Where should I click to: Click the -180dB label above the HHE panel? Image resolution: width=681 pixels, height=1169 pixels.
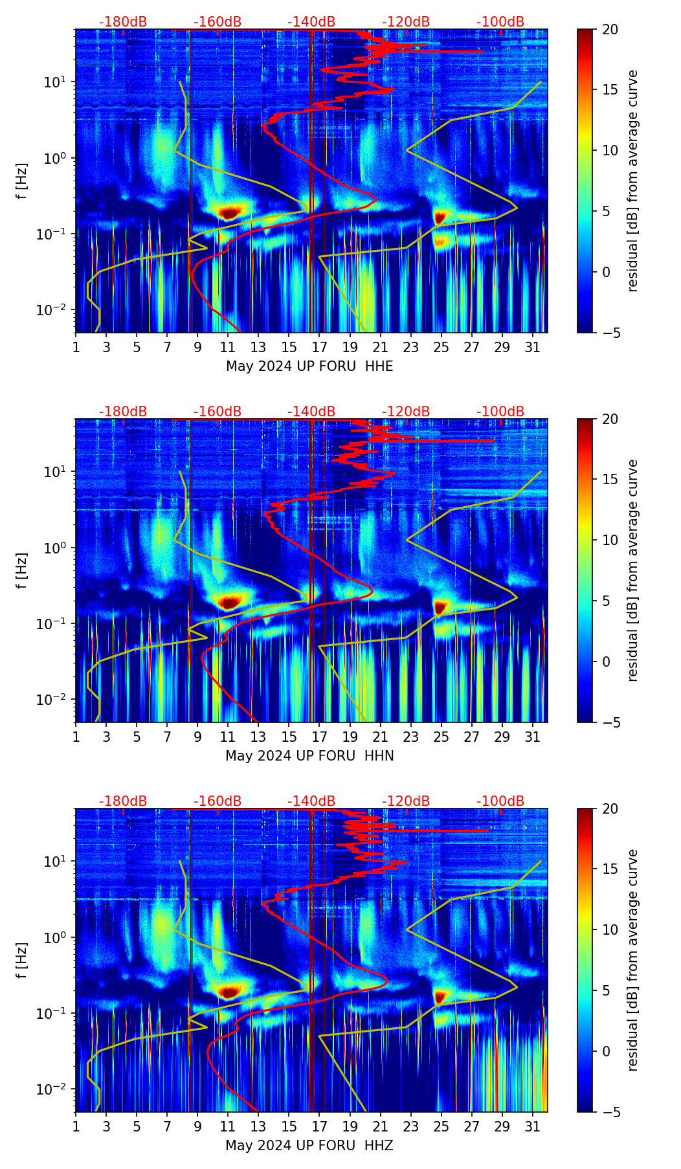coord(123,22)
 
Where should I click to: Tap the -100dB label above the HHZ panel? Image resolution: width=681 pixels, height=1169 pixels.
coord(500,801)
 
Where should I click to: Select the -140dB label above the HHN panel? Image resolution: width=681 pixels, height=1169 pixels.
coord(311,412)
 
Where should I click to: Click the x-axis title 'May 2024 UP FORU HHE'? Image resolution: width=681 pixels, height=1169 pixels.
coord(309,366)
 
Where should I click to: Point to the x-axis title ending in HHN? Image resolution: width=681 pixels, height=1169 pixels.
coord(309,756)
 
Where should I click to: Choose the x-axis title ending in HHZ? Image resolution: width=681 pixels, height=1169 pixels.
coord(309,1146)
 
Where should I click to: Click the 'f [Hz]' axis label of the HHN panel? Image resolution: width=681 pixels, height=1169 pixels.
coord(23,570)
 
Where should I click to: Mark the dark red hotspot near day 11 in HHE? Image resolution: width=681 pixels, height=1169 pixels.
coord(229,212)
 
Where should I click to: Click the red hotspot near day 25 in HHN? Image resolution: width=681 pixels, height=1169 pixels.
coord(440,607)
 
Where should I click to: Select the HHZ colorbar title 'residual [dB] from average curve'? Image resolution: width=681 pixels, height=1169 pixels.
coord(632,960)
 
